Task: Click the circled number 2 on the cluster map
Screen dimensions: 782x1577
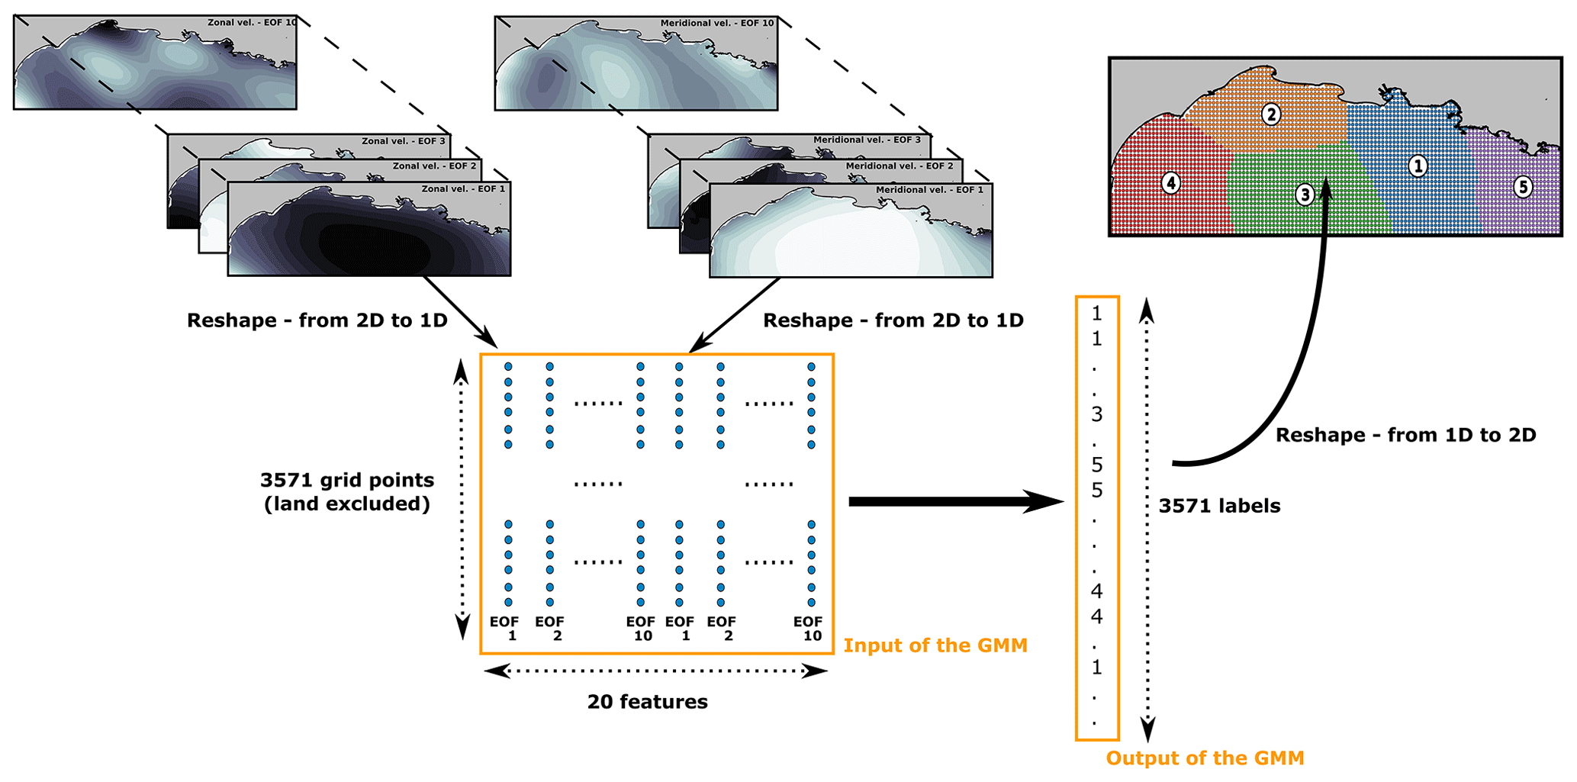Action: coord(1270,114)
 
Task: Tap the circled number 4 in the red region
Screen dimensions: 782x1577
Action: coord(1170,183)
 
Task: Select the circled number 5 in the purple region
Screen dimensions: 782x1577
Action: coord(1522,186)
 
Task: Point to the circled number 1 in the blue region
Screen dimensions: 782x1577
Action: coord(1418,166)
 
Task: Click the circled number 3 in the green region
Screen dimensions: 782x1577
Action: coord(1305,195)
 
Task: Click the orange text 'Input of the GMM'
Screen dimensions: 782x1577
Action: coord(935,645)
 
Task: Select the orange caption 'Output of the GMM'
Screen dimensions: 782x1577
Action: coord(1205,758)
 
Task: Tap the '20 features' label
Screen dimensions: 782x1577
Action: coord(647,702)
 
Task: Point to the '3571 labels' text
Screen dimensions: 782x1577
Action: coord(1219,506)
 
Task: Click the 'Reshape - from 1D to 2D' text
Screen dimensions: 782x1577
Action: coord(1405,435)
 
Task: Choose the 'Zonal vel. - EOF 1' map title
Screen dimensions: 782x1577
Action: coord(463,188)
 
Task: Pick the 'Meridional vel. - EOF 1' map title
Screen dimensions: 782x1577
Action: coord(929,189)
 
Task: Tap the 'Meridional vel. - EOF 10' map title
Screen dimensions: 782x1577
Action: coord(716,23)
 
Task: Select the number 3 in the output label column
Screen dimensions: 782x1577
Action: coord(1096,414)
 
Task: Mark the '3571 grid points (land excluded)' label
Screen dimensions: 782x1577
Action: coord(347,491)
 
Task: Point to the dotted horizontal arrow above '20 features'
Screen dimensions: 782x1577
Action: coord(655,671)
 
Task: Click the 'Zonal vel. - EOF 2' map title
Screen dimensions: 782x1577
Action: coord(434,166)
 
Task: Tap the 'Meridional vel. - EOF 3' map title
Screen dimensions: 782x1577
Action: coord(867,140)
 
